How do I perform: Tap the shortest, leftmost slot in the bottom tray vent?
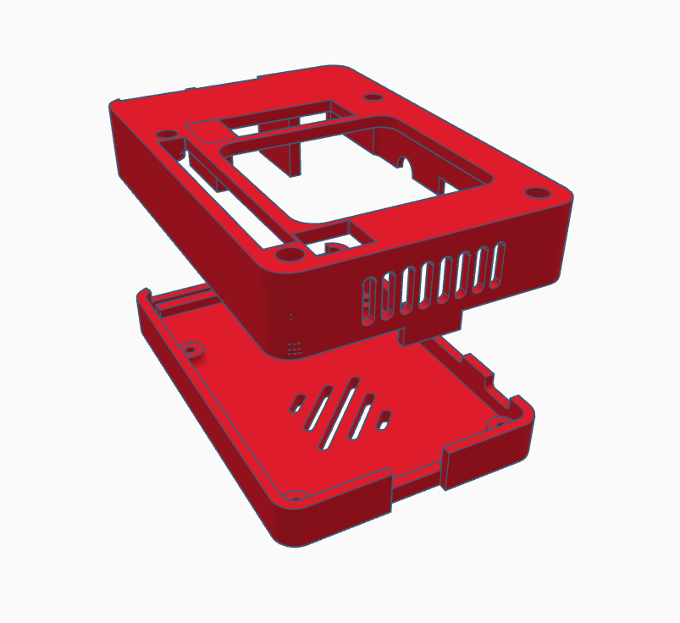(x=298, y=404)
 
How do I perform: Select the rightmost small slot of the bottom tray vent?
(x=385, y=418)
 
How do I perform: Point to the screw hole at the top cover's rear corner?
(x=369, y=96)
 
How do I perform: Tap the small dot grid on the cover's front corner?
(x=294, y=347)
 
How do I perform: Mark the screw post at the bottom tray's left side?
(x=192, y=347)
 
